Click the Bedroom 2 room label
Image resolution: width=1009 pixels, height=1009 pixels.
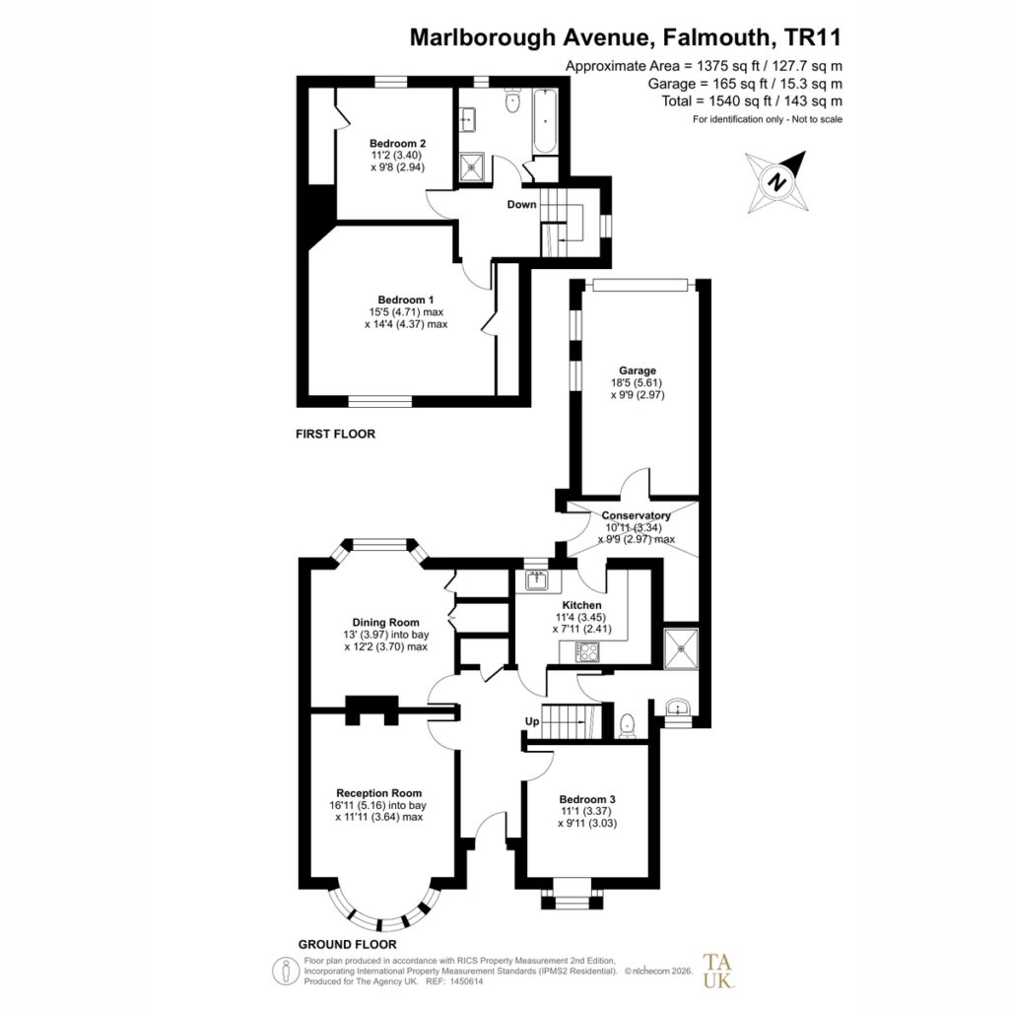click(397, 144)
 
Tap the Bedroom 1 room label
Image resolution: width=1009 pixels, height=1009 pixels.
click(405, 300)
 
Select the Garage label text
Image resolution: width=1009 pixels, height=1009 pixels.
click(638, 370)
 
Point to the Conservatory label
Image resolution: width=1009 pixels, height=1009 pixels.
click(636, 515)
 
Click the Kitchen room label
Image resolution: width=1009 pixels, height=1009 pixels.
click(581, 605)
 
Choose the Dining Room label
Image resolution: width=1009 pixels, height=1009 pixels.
click(385, 623)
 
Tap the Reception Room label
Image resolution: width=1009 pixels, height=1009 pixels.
click(379, 793)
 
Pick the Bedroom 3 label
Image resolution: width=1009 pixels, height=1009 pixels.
click(587, 799)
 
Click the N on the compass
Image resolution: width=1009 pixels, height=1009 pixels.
click(778, 181)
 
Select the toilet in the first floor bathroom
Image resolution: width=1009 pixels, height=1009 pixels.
click(512, 101)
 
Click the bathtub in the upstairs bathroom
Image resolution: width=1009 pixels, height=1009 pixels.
click(545, 121)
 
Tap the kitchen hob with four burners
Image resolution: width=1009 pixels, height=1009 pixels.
click(587, 652)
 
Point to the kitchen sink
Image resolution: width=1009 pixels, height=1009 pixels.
click(536, 580)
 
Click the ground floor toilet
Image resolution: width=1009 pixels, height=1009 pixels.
click(626, 726)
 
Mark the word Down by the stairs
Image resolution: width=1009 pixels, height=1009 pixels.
click(521, 205)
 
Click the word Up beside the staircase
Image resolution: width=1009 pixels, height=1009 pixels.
click(531, 721)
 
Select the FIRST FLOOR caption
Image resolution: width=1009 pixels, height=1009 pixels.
click(335, 435)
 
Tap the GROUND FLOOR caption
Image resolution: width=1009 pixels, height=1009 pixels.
click(347, 945)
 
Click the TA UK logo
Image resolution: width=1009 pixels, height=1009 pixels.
click(717, 971)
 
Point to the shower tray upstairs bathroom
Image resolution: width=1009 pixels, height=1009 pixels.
click(474, 168)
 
